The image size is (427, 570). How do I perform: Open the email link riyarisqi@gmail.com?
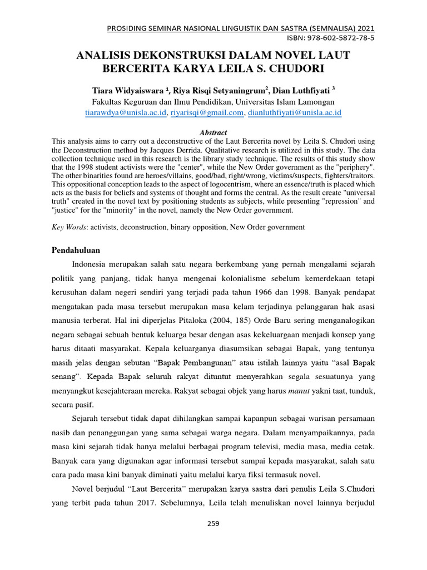pos(207,112)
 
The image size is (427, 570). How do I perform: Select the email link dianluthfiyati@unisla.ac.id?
pos(295,112)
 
